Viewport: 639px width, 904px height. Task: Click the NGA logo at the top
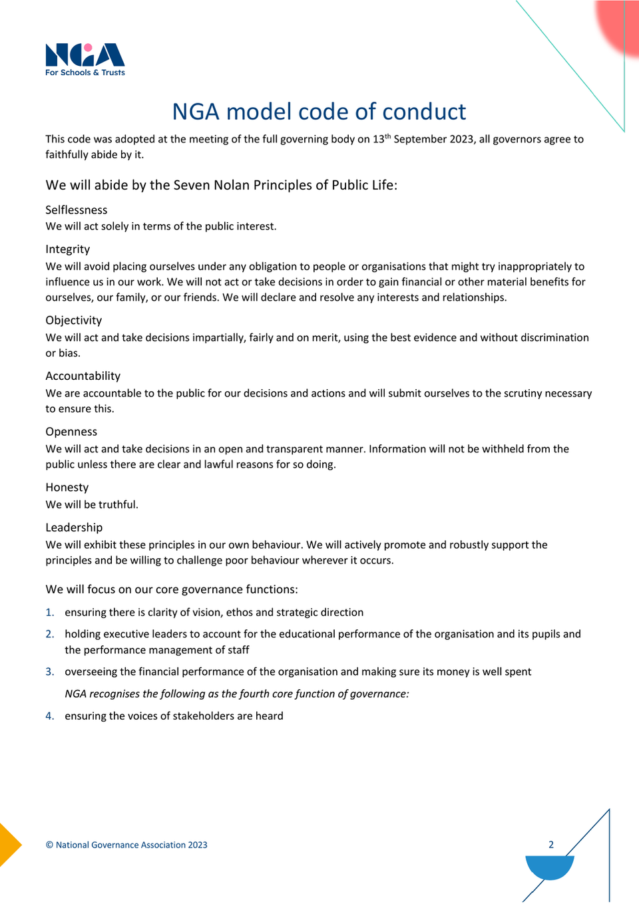(x=85, y=59)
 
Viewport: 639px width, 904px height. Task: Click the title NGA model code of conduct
(x=319, y=112)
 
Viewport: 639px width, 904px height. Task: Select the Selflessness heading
(x=76, y=210)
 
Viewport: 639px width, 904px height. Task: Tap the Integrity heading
(x=67, y=249)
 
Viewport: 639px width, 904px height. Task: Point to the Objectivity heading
(x=73, y=321)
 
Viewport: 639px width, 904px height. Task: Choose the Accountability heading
(x=83, y=377)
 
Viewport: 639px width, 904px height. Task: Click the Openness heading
(x=71, y=432)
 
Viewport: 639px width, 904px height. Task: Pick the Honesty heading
(x=67, y=488)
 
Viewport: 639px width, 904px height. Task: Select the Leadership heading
(x=74, y=527)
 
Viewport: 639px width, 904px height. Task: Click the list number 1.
(x=49, y=613)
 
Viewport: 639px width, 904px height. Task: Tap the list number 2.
(x=49, y=635)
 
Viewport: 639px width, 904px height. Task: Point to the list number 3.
(x=49, y=672)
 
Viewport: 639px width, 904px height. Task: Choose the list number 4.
(x=49, y=716)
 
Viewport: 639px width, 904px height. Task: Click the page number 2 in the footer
(x=551, y=845)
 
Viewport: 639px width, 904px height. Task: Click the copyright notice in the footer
(x=126, y=845)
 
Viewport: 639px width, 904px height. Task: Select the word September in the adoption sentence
(x=419, y=140)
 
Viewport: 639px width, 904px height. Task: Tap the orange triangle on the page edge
(x=9, y=845)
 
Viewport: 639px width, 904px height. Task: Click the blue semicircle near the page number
(x=549, y=867)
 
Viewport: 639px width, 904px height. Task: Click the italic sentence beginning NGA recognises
(x=236, y=694)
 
